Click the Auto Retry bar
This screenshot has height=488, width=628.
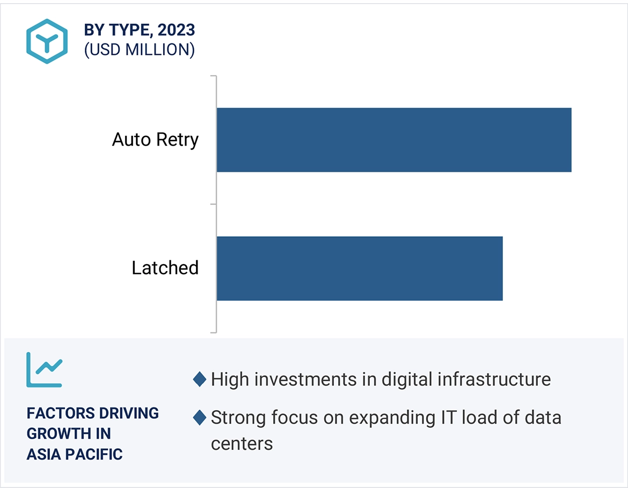tap(393, 140)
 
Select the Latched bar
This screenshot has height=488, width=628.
tap(359, 268)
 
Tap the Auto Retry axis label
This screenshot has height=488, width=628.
tap(155, 140)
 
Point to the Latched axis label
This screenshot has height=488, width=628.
tap(165, 268)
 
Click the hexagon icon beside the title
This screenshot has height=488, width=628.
tap(47, 41)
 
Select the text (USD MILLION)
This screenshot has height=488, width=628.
tap(139, 50)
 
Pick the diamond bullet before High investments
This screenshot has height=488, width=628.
tap(199, 380)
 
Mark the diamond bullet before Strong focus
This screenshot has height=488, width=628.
tap(199, 418)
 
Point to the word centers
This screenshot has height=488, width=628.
tap(242, 444)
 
